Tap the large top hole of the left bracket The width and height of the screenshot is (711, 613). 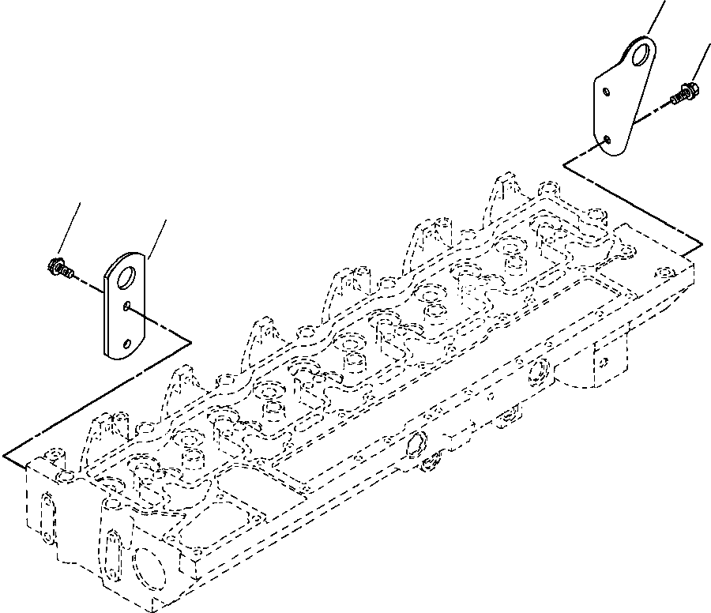click(x=125, y=277)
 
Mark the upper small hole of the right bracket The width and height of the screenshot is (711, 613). click(x=606, y=92)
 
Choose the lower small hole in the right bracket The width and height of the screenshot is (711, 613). click(x=606, y=140)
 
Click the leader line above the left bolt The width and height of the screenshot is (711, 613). click(x=71, y=229)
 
